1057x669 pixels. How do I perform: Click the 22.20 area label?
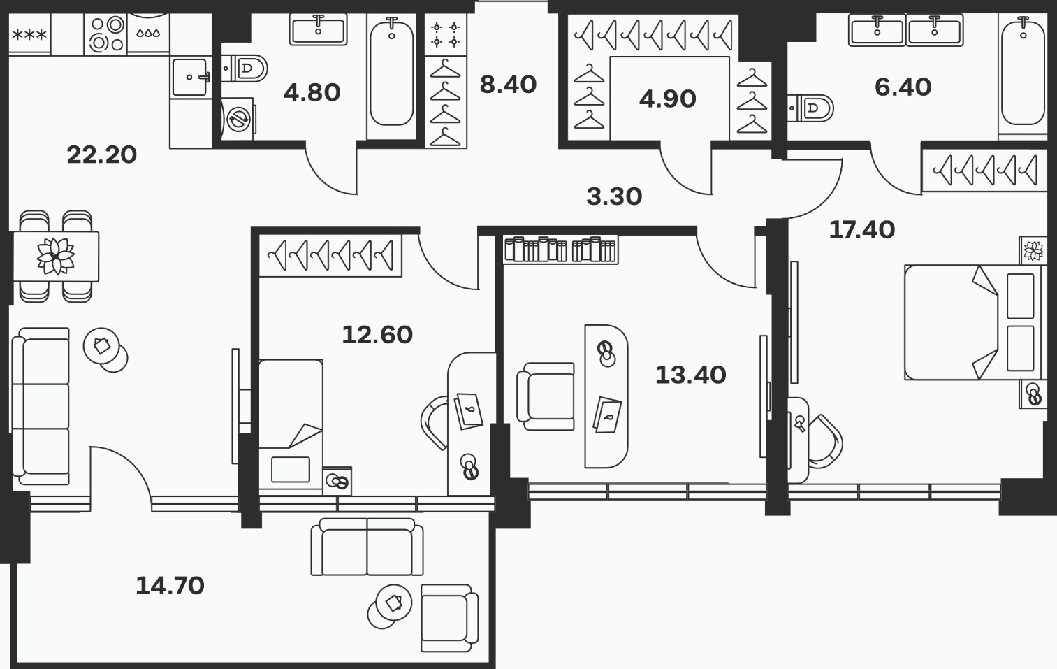point(102,155)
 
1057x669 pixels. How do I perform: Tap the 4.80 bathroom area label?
point(312,92)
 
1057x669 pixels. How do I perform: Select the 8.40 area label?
point(508,85)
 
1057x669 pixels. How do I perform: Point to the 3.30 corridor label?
point(614,196)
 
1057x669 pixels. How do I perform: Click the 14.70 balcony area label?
point(170,586)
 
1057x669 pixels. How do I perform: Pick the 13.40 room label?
point(691,375)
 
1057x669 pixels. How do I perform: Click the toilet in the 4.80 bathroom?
point(245,69)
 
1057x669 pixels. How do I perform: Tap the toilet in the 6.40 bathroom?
point(810,108)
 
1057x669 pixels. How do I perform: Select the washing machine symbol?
point(238,119)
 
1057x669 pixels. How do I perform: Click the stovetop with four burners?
point(105,34)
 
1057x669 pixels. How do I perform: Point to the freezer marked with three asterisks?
point(30,34)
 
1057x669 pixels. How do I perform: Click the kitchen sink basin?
point(190,78)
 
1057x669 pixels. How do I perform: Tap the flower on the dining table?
point(56,256)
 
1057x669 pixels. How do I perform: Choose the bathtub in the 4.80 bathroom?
point(392,76)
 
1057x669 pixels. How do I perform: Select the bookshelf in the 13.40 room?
point(560,250)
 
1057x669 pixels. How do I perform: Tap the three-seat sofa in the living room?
point(41,406)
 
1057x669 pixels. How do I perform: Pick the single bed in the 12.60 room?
point(291,427)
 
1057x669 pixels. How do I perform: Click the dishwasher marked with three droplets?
point(148,33)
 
